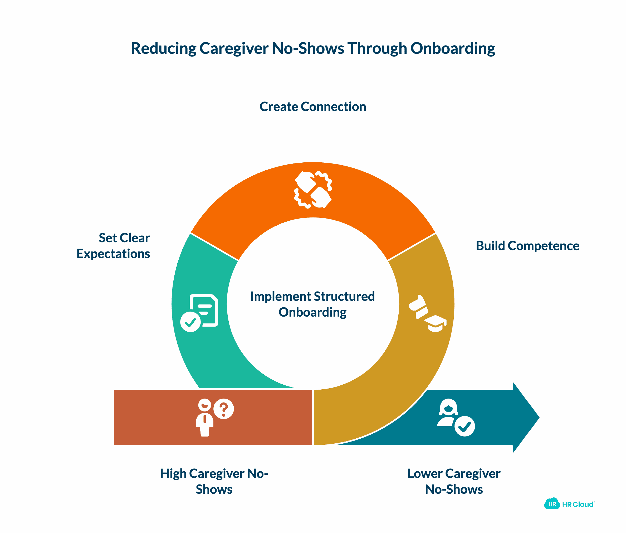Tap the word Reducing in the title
[x=163, y=48]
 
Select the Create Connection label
[x=312, y=107]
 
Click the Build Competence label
[x=527, y=246]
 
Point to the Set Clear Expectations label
[x=113, y=246]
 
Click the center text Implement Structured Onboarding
[x=312, y=304]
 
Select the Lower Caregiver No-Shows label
[x=454, y=481]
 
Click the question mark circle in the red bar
[x=223, y=409]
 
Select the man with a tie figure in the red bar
[x=204, y=418]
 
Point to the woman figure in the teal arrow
[x=448, y=413]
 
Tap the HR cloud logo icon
[x=552, y=504]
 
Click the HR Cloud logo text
[x=578, y=504]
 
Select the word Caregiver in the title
[x=234, y=48]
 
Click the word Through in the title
[x=377, y=48]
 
